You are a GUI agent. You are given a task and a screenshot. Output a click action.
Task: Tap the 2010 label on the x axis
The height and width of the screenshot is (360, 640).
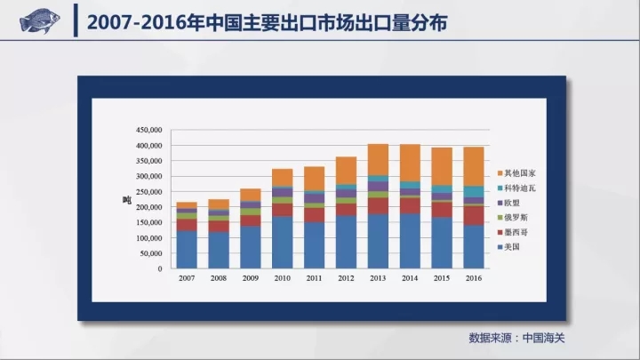point(283,279)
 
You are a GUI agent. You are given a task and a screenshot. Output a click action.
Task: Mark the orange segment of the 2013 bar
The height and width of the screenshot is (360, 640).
point(379,160)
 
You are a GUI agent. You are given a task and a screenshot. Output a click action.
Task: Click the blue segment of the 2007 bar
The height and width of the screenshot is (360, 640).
point(187,249)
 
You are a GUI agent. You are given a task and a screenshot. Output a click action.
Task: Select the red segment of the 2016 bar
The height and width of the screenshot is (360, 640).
point(475,215)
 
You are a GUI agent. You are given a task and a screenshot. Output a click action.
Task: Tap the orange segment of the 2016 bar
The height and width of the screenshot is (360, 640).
point(475,166)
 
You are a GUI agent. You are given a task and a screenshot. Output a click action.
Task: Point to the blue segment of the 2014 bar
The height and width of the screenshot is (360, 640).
point(411,240)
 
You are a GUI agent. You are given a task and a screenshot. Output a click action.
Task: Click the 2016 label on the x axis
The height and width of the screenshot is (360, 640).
point(475,279)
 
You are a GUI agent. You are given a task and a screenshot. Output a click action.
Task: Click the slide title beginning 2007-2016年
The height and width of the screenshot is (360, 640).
point(266,20)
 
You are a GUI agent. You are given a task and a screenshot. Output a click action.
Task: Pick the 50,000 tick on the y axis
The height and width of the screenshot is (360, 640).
point(149,253)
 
